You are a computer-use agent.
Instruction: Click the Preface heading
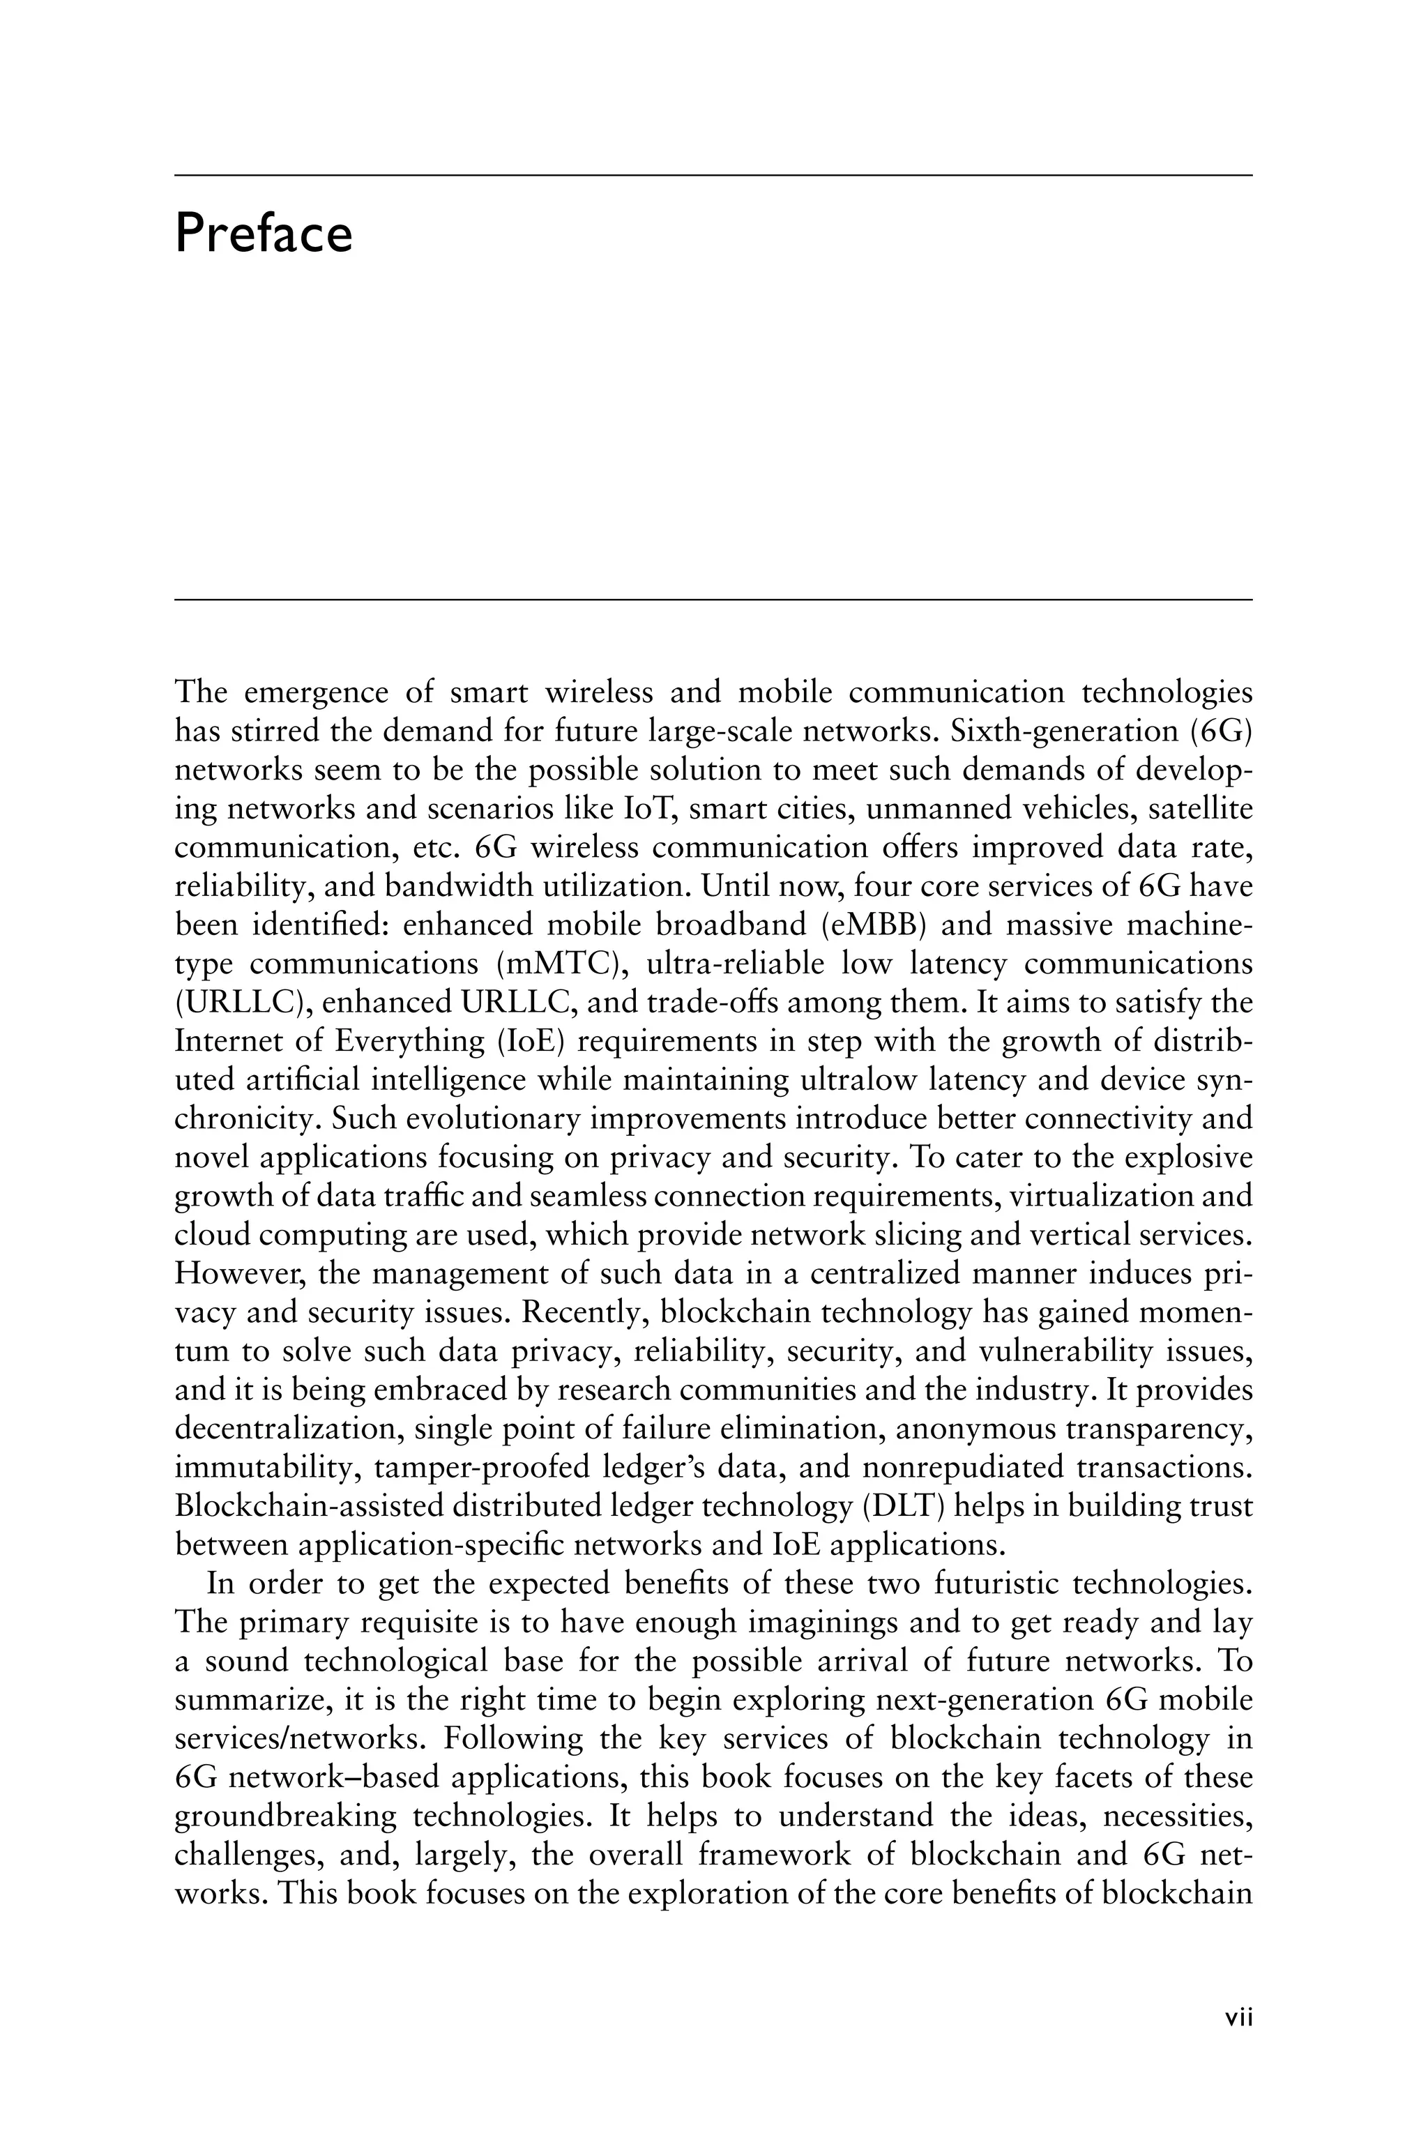click(x=263, y=233)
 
